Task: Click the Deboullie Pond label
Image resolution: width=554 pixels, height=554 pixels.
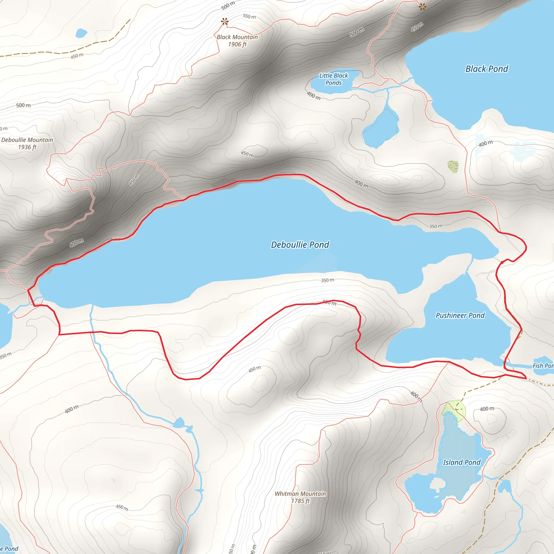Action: pyautogui.click(x=300, y=245)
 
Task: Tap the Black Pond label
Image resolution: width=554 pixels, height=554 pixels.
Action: pyautogui.click(x=487, y=69)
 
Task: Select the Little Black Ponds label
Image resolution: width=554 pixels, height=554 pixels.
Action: pyautogui.click(x=334, y=79)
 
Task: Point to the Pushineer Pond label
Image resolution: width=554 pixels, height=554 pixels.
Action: pyautogui.click(x=460, y=315)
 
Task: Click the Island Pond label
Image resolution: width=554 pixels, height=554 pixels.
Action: pyautogui.click(x=461, y=462)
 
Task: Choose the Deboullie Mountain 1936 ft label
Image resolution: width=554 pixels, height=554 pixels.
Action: pyautogui.click(x=27, y=143)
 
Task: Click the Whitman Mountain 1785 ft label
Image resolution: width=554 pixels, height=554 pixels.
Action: pyautogui.click(x=300, y=497)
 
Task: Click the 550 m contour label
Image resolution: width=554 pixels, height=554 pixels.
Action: pyautogui.click(x=249, y=16)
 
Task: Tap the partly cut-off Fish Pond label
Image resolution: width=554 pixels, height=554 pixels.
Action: pyautogui.click(x=543, y=366)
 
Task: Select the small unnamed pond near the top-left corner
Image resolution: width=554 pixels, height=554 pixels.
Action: pyautogui.click(x=81, y=33)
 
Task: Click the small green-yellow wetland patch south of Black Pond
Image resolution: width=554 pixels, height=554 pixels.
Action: pyautogui.click(x=453, y=167)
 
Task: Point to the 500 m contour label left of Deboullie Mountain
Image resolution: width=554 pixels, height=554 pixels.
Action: pyautogui.click(x=23, y=105)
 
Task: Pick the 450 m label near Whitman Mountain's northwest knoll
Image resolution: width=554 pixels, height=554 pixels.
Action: pyautogui.click(x=255, y=369)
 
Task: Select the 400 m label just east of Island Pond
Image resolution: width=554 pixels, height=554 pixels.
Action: pyautogui.click(x=487, y=409)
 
